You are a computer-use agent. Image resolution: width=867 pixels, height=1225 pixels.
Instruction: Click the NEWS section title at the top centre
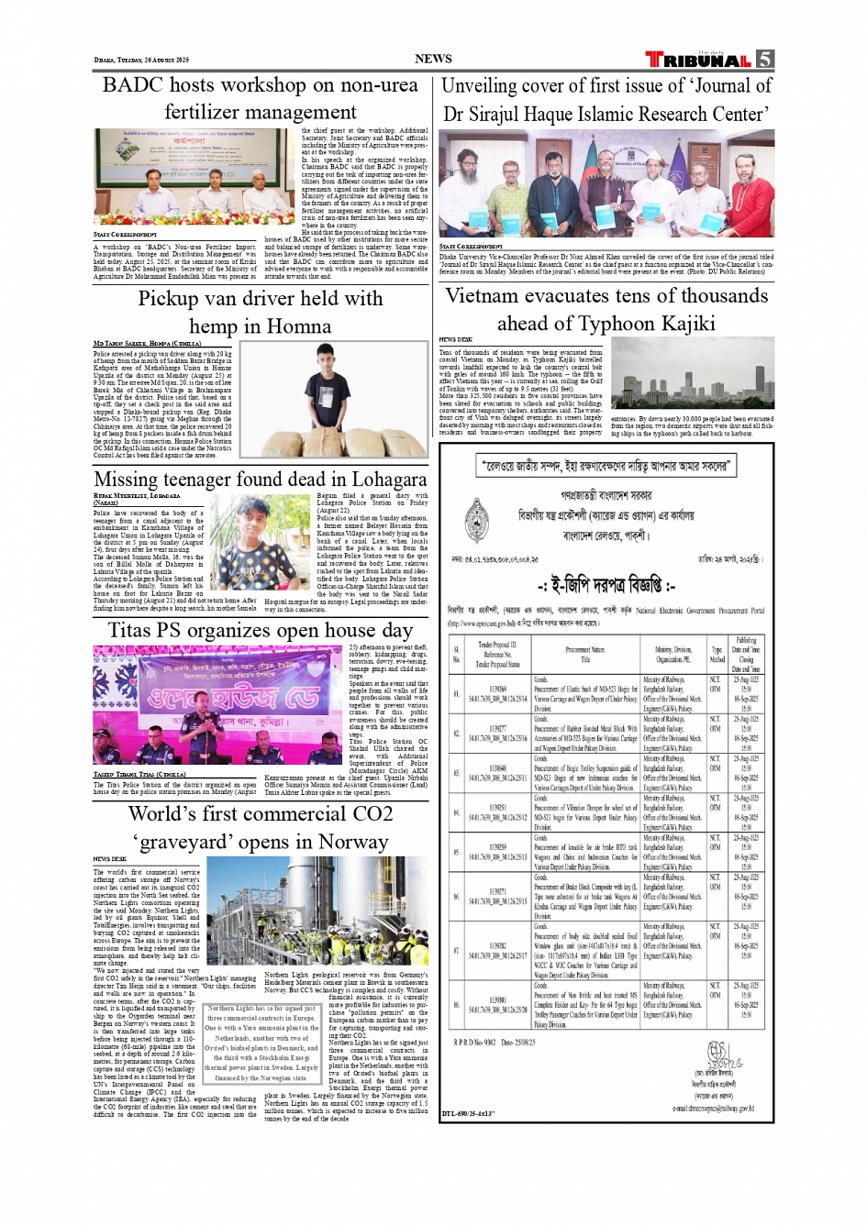click(x=433, y=59)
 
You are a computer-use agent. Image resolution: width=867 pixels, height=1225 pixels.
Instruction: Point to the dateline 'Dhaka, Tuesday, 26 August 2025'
click(x=141, y=61)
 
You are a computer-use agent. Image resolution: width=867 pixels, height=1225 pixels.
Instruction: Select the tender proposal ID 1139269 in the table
click(x=498, y=689)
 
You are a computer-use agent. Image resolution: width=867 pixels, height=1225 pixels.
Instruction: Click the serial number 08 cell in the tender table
click(x=456, y=1005)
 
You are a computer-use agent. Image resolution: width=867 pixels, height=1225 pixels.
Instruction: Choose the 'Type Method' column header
click(x=717, y=654)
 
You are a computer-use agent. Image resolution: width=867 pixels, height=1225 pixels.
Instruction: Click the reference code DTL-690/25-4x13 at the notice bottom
click(x=469, y=1113)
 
